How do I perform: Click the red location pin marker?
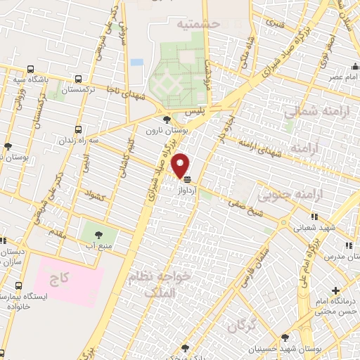[x=181, y=165]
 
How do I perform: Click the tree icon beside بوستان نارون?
[x=166, y=120]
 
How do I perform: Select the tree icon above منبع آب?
[x=96, y=234]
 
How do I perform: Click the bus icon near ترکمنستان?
[x=78, y=79]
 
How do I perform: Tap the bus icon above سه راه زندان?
[x=78, y=130]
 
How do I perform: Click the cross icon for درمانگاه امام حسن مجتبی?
[x=336, y=290]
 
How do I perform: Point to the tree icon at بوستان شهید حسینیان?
[x=285, y=337]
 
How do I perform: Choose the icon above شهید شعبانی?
[x=315, y=217]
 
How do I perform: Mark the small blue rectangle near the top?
[x=136, y=62]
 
